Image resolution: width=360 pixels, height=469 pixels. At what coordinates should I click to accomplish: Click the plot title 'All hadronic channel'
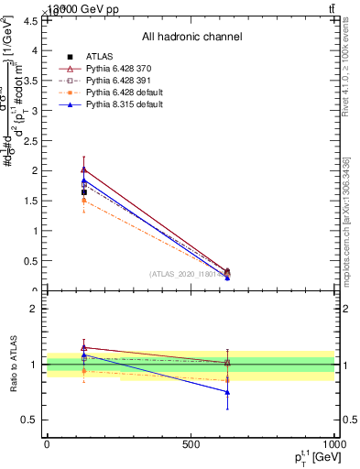(x=191, y=38)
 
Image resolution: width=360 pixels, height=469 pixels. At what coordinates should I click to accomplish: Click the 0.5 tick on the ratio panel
(x=32, y=420)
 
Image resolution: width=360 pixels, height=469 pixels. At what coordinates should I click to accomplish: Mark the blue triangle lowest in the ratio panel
(x=227, y=392)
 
